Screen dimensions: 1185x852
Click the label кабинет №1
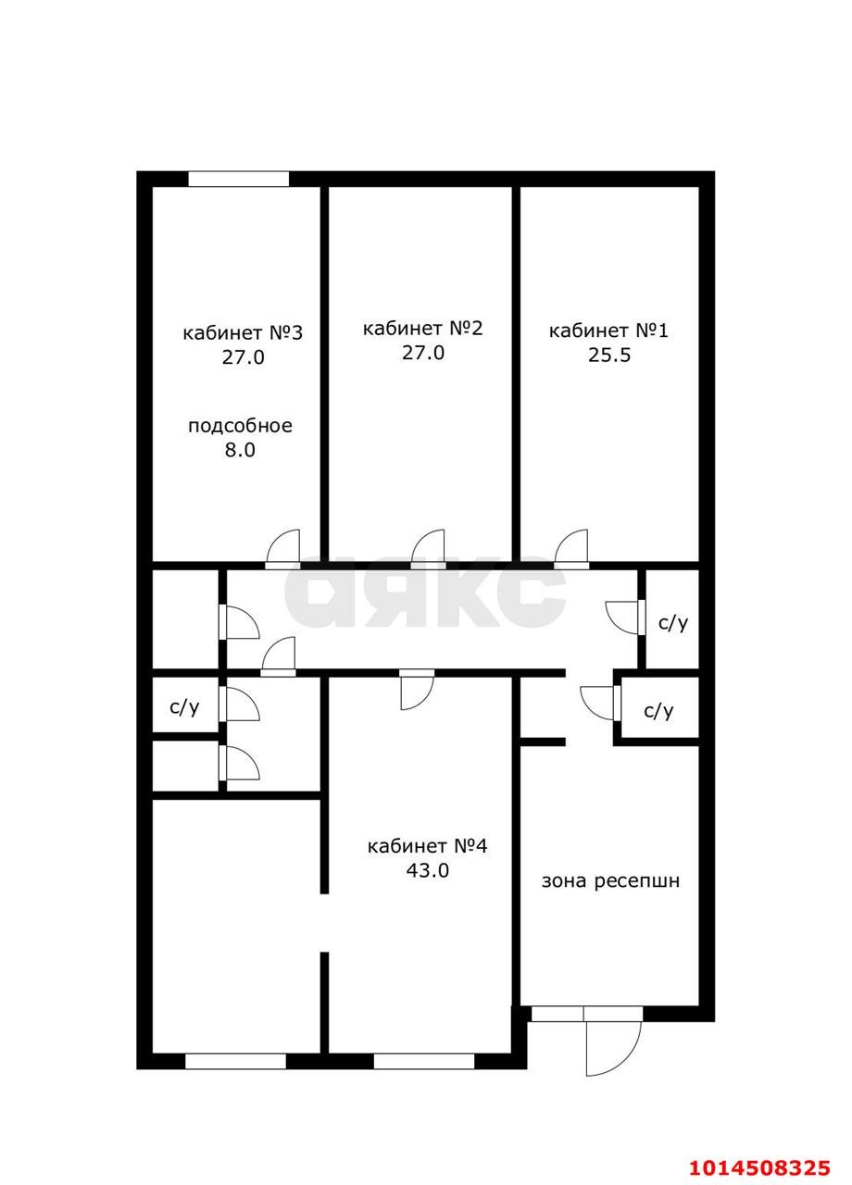[608, 331]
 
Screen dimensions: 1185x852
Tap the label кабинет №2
[422, 328]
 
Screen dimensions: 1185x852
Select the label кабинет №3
[243, 332]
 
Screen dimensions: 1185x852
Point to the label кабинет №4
[427, 846]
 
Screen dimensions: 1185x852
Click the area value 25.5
[608, 355]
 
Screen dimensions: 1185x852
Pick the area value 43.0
[427, 870]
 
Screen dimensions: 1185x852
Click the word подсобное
[240, 426]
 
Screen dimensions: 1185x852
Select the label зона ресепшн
[610, 880]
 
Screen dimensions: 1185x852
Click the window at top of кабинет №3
[238, 179]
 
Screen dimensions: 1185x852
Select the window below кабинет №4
[423, 1061]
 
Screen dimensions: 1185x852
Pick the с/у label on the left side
[184, 707]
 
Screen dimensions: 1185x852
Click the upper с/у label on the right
[673, 622]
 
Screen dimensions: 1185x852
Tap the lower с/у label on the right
[658, 711]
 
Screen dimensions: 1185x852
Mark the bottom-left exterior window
[235, 1061]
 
